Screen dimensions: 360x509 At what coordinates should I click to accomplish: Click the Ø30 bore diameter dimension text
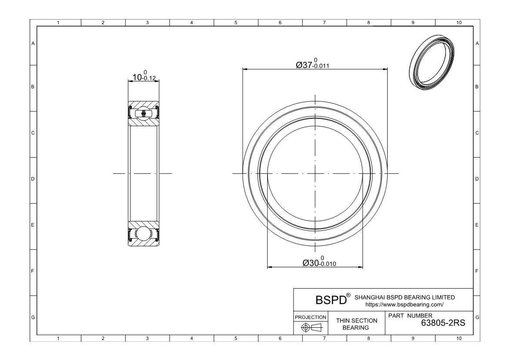click(x=319, y=262)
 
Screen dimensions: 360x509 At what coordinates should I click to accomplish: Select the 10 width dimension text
click(x=144, y=77)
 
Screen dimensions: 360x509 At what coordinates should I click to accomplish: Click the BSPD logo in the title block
click(x=332, y=300)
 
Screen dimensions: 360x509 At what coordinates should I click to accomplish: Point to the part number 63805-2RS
click(x=443, y=323)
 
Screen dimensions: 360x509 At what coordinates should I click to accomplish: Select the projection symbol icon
click(x=311, y=327)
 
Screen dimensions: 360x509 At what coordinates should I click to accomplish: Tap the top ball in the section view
click(x=144, y=114)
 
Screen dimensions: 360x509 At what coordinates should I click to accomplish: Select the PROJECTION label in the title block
click(x=311, y=317)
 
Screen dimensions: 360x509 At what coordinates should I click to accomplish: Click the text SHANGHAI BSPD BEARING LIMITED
click(x=405, y=297)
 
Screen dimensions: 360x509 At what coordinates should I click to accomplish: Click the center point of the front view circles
click(x=315, y=174)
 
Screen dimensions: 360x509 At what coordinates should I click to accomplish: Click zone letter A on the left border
click(x=33, y=43)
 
